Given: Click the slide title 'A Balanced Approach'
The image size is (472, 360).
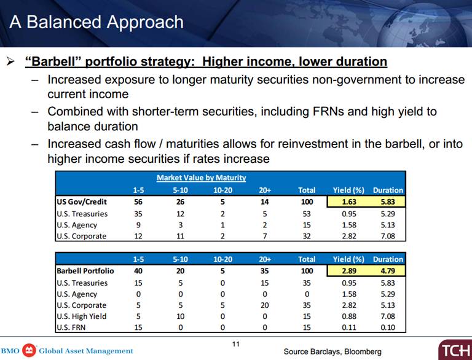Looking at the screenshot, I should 96,22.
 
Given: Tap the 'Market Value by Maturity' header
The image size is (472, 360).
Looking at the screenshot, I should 201,178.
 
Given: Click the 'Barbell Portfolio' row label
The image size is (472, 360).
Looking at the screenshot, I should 85,271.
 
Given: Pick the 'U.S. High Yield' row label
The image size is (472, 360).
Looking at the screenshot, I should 82,316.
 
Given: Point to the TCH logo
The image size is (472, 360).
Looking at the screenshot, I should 454,350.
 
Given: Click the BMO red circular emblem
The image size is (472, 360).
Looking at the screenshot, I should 28,351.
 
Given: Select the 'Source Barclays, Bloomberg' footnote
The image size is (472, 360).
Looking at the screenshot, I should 332,351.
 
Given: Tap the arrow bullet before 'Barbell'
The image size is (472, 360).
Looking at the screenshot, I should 11,62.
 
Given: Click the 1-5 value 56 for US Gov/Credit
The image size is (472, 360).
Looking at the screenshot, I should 138,202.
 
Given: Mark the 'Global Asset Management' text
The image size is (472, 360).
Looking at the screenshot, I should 86,351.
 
